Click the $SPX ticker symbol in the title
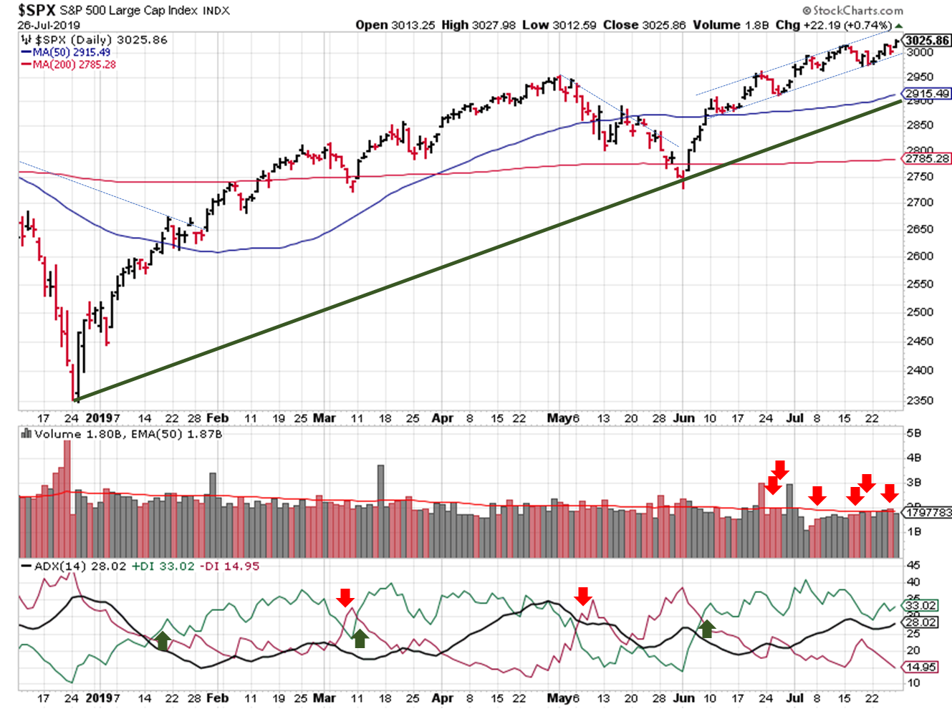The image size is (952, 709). (x=37, y=10)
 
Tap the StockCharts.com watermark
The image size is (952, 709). (x=853, y=10)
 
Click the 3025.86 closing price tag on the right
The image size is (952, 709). (x=928, y=40)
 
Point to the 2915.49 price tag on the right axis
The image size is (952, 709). (x=928, y=94)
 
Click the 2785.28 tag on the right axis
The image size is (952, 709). (x=928, y=158)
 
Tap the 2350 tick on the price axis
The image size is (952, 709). (x=920, y=400)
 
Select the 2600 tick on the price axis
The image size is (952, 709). (x=920, y=256)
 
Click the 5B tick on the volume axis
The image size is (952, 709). (x=913, y=433)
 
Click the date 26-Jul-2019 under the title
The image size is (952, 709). (x=49, y=25)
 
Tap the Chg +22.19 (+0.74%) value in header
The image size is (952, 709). (x=835, y=25)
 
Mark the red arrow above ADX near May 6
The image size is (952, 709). (x=582, y=595)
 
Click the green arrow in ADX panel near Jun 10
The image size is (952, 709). (x=707, y=629)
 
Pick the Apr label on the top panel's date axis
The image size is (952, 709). (x=442, y=418)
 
